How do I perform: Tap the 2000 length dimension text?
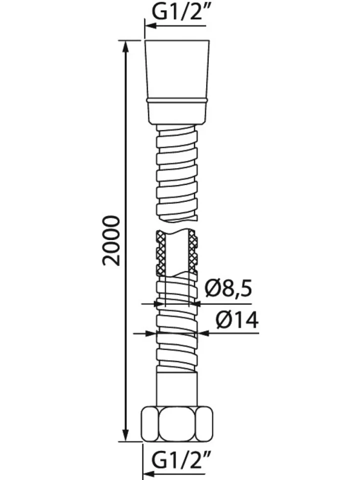pyautogui.click(x=111, y=240)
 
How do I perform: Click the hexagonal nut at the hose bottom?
pyautogui.click(x=177, y=424)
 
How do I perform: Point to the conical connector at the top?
pyautogui.click(x=178, y=82)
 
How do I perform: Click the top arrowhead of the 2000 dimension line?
pyautogui.click(x=125, y=47)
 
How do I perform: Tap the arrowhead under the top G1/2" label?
pyautogui.click(x=150, y=26)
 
